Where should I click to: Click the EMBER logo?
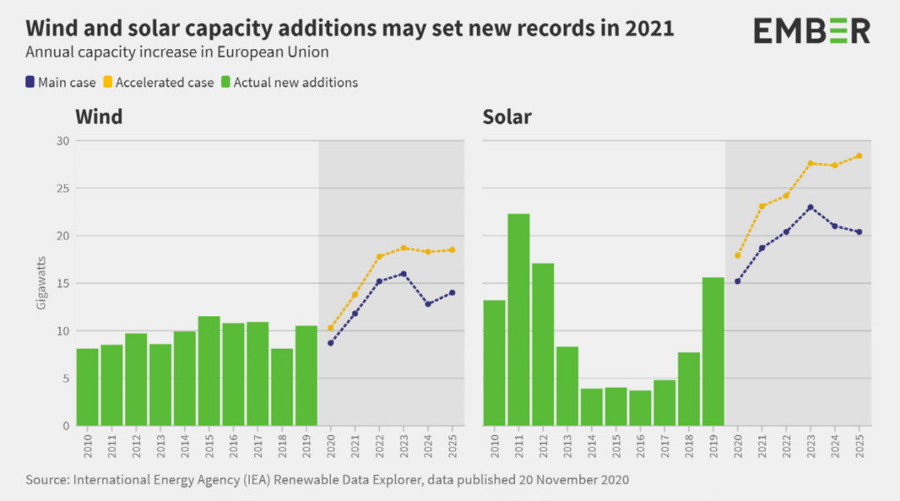pos(812,31)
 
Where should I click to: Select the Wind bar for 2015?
pos(208,371)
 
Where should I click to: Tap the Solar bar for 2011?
pos(518,320)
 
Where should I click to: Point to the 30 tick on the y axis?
pos(62,141)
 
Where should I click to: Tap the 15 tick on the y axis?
pos(62,284)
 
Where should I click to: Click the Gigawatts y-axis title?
pos(41,284)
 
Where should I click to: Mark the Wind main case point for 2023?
pos(403,274)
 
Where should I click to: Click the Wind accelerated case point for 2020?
pos(331,328)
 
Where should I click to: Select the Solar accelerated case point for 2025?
pos(858,156)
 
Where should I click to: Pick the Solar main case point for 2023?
pos(810,207)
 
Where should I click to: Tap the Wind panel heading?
pos(99,117)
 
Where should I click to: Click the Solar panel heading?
pos(507,117)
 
